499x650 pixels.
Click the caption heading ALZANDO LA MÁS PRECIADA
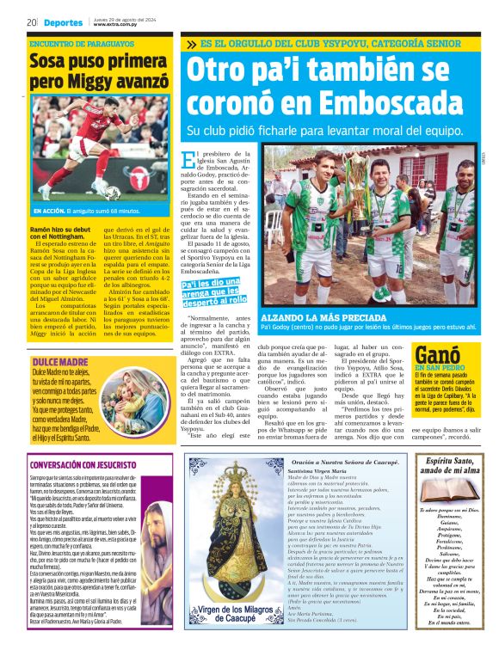pyautogui.click(x=314, y=317)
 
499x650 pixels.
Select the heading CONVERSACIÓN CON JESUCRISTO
pyautogui.click(x=82, y=465)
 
